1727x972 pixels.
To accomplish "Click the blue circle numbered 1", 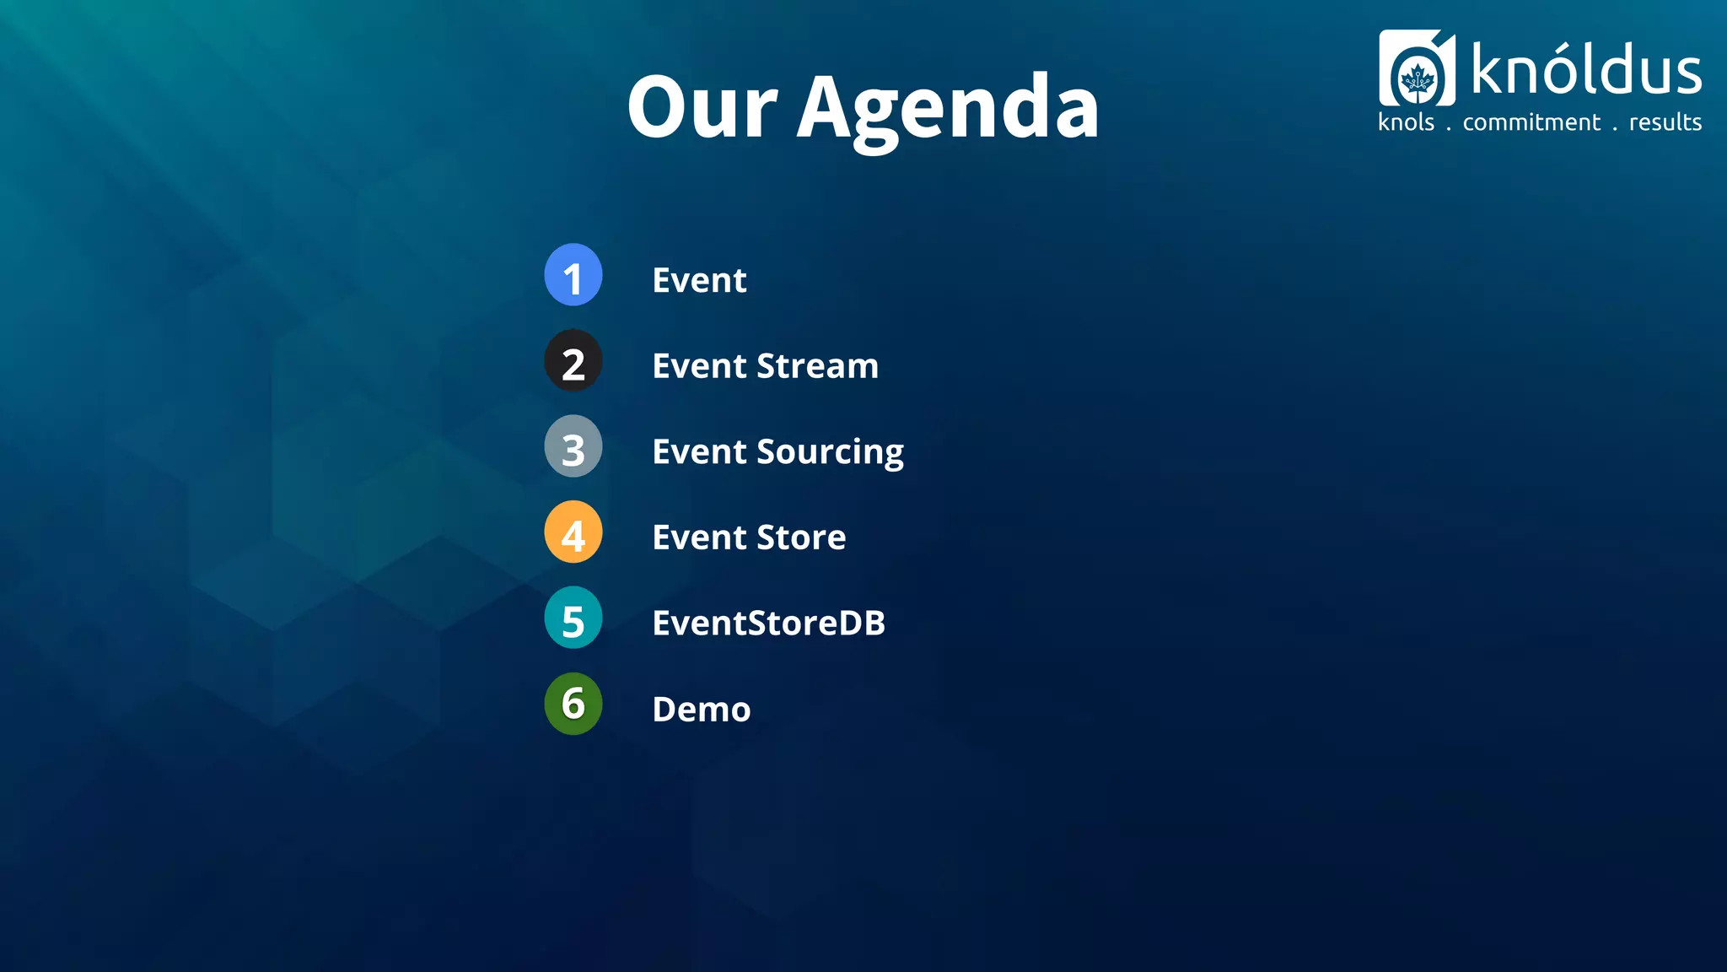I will [x=573, y=275].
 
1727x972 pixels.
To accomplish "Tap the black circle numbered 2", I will [x=573, y=361].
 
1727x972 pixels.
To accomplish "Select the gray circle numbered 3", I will [x=573, y=446].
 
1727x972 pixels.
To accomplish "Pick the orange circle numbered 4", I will [x=573, y=532].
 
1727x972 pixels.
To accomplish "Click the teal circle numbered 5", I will [x=573, y=618].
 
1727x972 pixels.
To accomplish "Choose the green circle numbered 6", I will [x=573, y=704].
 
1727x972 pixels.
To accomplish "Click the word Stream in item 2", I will [x=817, y=366].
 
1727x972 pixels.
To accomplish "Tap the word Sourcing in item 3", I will [x=830, y=453].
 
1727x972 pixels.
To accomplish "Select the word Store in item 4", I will [x=801, y=537].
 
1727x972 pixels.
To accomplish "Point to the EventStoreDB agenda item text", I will [x=768, y=624].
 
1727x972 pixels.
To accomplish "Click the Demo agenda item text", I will [x=701, y=710].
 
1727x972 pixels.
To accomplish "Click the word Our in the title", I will [x=702, y=108].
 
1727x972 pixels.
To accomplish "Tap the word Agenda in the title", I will [x=948, y=110].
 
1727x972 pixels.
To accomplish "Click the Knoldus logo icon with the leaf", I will [x=1417, y=69].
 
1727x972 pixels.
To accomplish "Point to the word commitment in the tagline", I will [x=1531, y=123].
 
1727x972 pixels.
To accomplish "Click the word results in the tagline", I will [x=1665, y=123].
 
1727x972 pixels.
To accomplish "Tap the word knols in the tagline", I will [x=1406, y=123].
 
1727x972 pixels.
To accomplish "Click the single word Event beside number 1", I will [x=699, y=280].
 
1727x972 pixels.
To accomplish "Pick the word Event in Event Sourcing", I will [x=699, y=452].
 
